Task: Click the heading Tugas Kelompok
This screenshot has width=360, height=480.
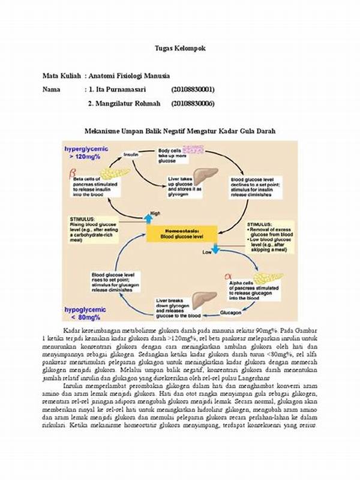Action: [180, 48]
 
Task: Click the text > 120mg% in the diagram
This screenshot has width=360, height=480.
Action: [83, 155]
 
